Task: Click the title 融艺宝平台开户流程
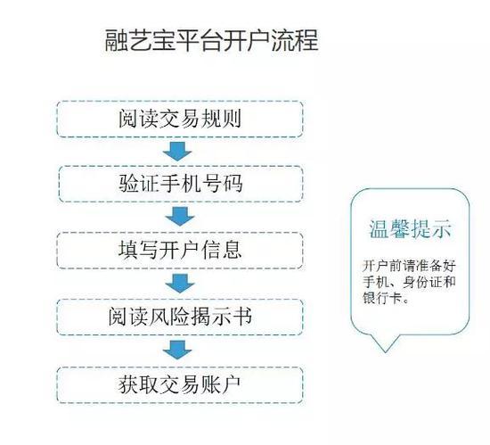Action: click(x=211, y=40)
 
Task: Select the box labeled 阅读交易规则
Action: click(x=180, y=119)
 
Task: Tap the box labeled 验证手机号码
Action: click(x=181, y=184)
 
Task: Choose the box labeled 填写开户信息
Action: click(x=180, y=251)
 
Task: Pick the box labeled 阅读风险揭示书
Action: click(x=180, y=317)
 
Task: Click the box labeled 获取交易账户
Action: click(x=180, y=385)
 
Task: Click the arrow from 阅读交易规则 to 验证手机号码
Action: click(x=177, y=152)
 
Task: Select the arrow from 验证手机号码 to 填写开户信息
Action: click(x=180, y=217)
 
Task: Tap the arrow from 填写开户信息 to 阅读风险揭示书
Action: click(x=180, y=284)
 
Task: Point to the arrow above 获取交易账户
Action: click(x=177, y=350)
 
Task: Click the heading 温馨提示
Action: click(x=411, y=229)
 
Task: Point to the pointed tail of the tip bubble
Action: click(x=385, y=352)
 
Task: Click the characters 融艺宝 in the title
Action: click(x=139, y=40)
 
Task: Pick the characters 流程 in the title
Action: click(x=295, y=40)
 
